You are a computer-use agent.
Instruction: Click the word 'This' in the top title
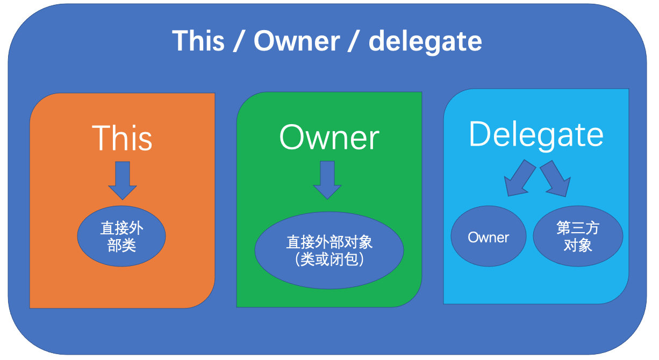pyautogui.click(x=198, y=41)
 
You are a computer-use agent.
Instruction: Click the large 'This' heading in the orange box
pyautogui.click(x=122, y=138)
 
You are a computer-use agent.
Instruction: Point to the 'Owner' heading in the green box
pyautogui.click(x=329, y=138)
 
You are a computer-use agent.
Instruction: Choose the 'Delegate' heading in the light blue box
pyautogui.click(x=536, y=134)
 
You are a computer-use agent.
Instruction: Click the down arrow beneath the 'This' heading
pyautogui.click(x=123, y=180)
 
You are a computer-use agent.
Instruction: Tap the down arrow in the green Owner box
pyautogui.click(x=327, y=179)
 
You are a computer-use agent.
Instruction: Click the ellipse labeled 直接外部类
pyautogui.click(x=122, y=237)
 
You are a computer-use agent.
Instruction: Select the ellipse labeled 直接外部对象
pyautogui.click(x=329, y=251)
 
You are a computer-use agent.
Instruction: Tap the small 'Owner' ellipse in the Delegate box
pyautogui.click(x=488, y=237)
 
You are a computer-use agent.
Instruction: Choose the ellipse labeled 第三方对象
pyautogui.click(x=578, y=237)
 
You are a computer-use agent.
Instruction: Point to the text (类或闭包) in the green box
pyautogui.click(x=329, y=260)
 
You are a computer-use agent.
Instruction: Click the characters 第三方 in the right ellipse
pyautogui.click(x=578, y=228)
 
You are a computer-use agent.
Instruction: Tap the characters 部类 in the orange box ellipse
pyautogui.click(x=122, y=246)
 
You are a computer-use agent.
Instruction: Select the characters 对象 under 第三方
pyautogui.click(x=578, y=246)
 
